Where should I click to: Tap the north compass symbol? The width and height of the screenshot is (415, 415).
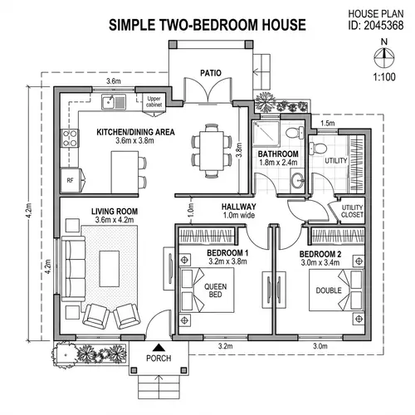click(x=383, y=56)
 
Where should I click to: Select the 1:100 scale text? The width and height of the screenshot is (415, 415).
click(x=383, y=78)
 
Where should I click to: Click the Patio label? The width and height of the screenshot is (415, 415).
click(x=211, y=73)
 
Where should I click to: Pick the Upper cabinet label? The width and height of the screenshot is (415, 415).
click(x=155, y=103)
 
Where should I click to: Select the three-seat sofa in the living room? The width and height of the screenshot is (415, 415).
click(x=76, y=268)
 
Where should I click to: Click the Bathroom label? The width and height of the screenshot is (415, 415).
click(x=278, y=154)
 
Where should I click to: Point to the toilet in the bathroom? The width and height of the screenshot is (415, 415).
click(x=291, y=133)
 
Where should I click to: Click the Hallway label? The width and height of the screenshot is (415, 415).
click(x=239, y=207)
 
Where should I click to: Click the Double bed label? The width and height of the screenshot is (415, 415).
click(x=327, y=290)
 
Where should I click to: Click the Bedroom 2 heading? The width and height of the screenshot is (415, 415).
click(x=320, y=253)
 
